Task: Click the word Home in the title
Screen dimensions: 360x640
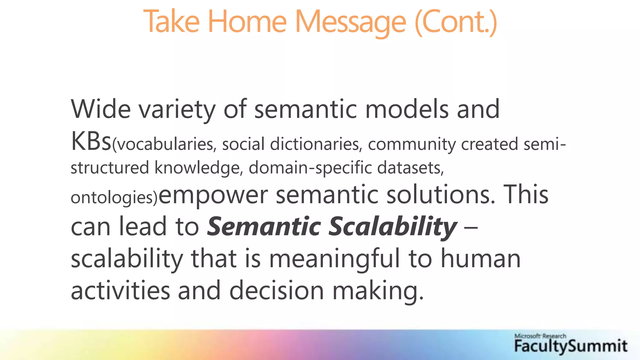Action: [x=247, y=22]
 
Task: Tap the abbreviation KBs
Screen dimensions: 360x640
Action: [x=91, y=141]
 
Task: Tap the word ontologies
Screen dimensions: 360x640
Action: [x=112, y=197]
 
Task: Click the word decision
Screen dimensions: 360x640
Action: [x=277, y=290]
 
